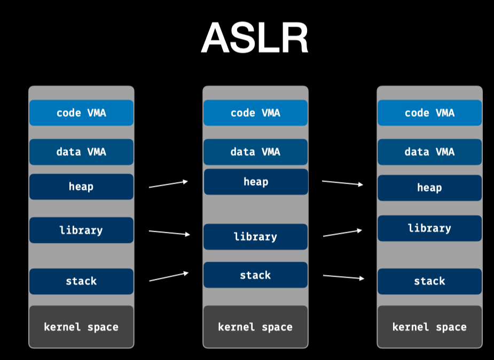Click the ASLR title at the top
(255, 38)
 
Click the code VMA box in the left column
(81, 113)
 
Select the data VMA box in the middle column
(255, 152)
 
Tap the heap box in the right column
(429, 187)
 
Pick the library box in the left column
(81, 230)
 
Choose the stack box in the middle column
(255, 275)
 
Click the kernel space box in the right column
(429, 327)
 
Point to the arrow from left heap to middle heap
(168, 184)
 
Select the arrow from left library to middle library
(169, 233)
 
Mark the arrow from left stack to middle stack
(169, 277)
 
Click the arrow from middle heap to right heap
(342, 183)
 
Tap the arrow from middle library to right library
(342, 233)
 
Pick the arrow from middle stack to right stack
(343, 277)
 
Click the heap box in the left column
(81, 186)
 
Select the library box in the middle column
(255, 237)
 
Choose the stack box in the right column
(429, 281)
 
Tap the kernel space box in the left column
(81, 327)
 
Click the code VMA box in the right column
(429, 113)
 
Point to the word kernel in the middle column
(236, 327)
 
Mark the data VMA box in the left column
(81, 152)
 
